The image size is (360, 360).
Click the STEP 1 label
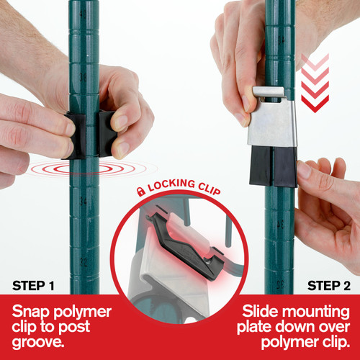click(33, 286)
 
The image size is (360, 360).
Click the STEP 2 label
click(329, 286)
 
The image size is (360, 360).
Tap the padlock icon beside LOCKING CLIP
click(141, 192)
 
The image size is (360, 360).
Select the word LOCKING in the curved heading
click(171, 185)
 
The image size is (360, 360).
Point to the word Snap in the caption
click(31, 312)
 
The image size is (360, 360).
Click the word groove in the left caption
click(38, 342)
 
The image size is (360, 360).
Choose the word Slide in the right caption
click(260, 312)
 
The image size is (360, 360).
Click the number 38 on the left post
click(83, 77)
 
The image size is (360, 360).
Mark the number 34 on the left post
click(83, 202)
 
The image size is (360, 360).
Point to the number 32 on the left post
click(83, 261)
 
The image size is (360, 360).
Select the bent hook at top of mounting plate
click(269, 92)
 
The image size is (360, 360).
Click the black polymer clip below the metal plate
click(273, 166)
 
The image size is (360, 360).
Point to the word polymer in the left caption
click(82, 312)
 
